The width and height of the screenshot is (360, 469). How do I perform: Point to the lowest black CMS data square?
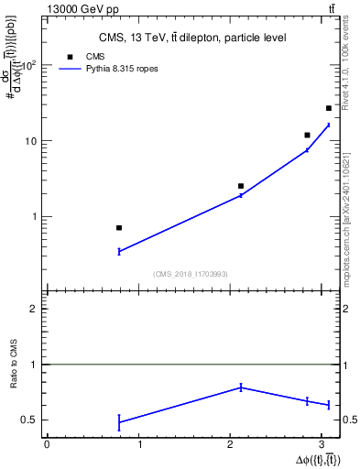[x=119, y=227]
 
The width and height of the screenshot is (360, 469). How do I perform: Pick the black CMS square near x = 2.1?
[x=241, y=186]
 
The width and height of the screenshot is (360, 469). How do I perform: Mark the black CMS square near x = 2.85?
[x=308, y=135]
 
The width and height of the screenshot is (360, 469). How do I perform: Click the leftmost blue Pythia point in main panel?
[x=119, y=251]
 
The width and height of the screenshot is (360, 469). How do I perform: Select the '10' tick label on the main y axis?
[x=32, y=141]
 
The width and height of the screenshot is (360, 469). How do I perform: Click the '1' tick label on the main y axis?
[x=36, y=217]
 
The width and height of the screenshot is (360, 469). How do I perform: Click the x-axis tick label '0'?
[x=47, y=444]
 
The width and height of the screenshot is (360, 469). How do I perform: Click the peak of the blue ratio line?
[x=241, y=387]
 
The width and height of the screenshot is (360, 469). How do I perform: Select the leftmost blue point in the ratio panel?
[x=119, y=422]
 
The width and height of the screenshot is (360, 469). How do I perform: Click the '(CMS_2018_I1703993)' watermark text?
[x=191, y=274]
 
